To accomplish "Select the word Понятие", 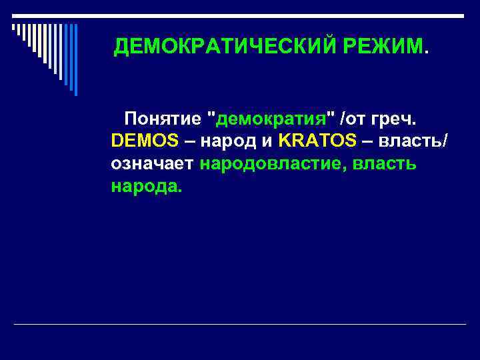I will click(x=162, y=119).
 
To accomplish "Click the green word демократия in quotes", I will click(x=271, y=119).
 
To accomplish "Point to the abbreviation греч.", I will click(x=393, y=119).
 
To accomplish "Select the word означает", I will click(x=153, y=163).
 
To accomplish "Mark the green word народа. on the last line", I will click(x=146, y=185).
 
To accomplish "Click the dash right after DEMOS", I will click(x=189, y=141).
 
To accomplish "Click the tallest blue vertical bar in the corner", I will click(x=75, y=60).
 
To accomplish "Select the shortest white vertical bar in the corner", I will click(x=13, y=28).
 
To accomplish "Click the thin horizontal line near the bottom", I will click(x=240, y=325).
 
